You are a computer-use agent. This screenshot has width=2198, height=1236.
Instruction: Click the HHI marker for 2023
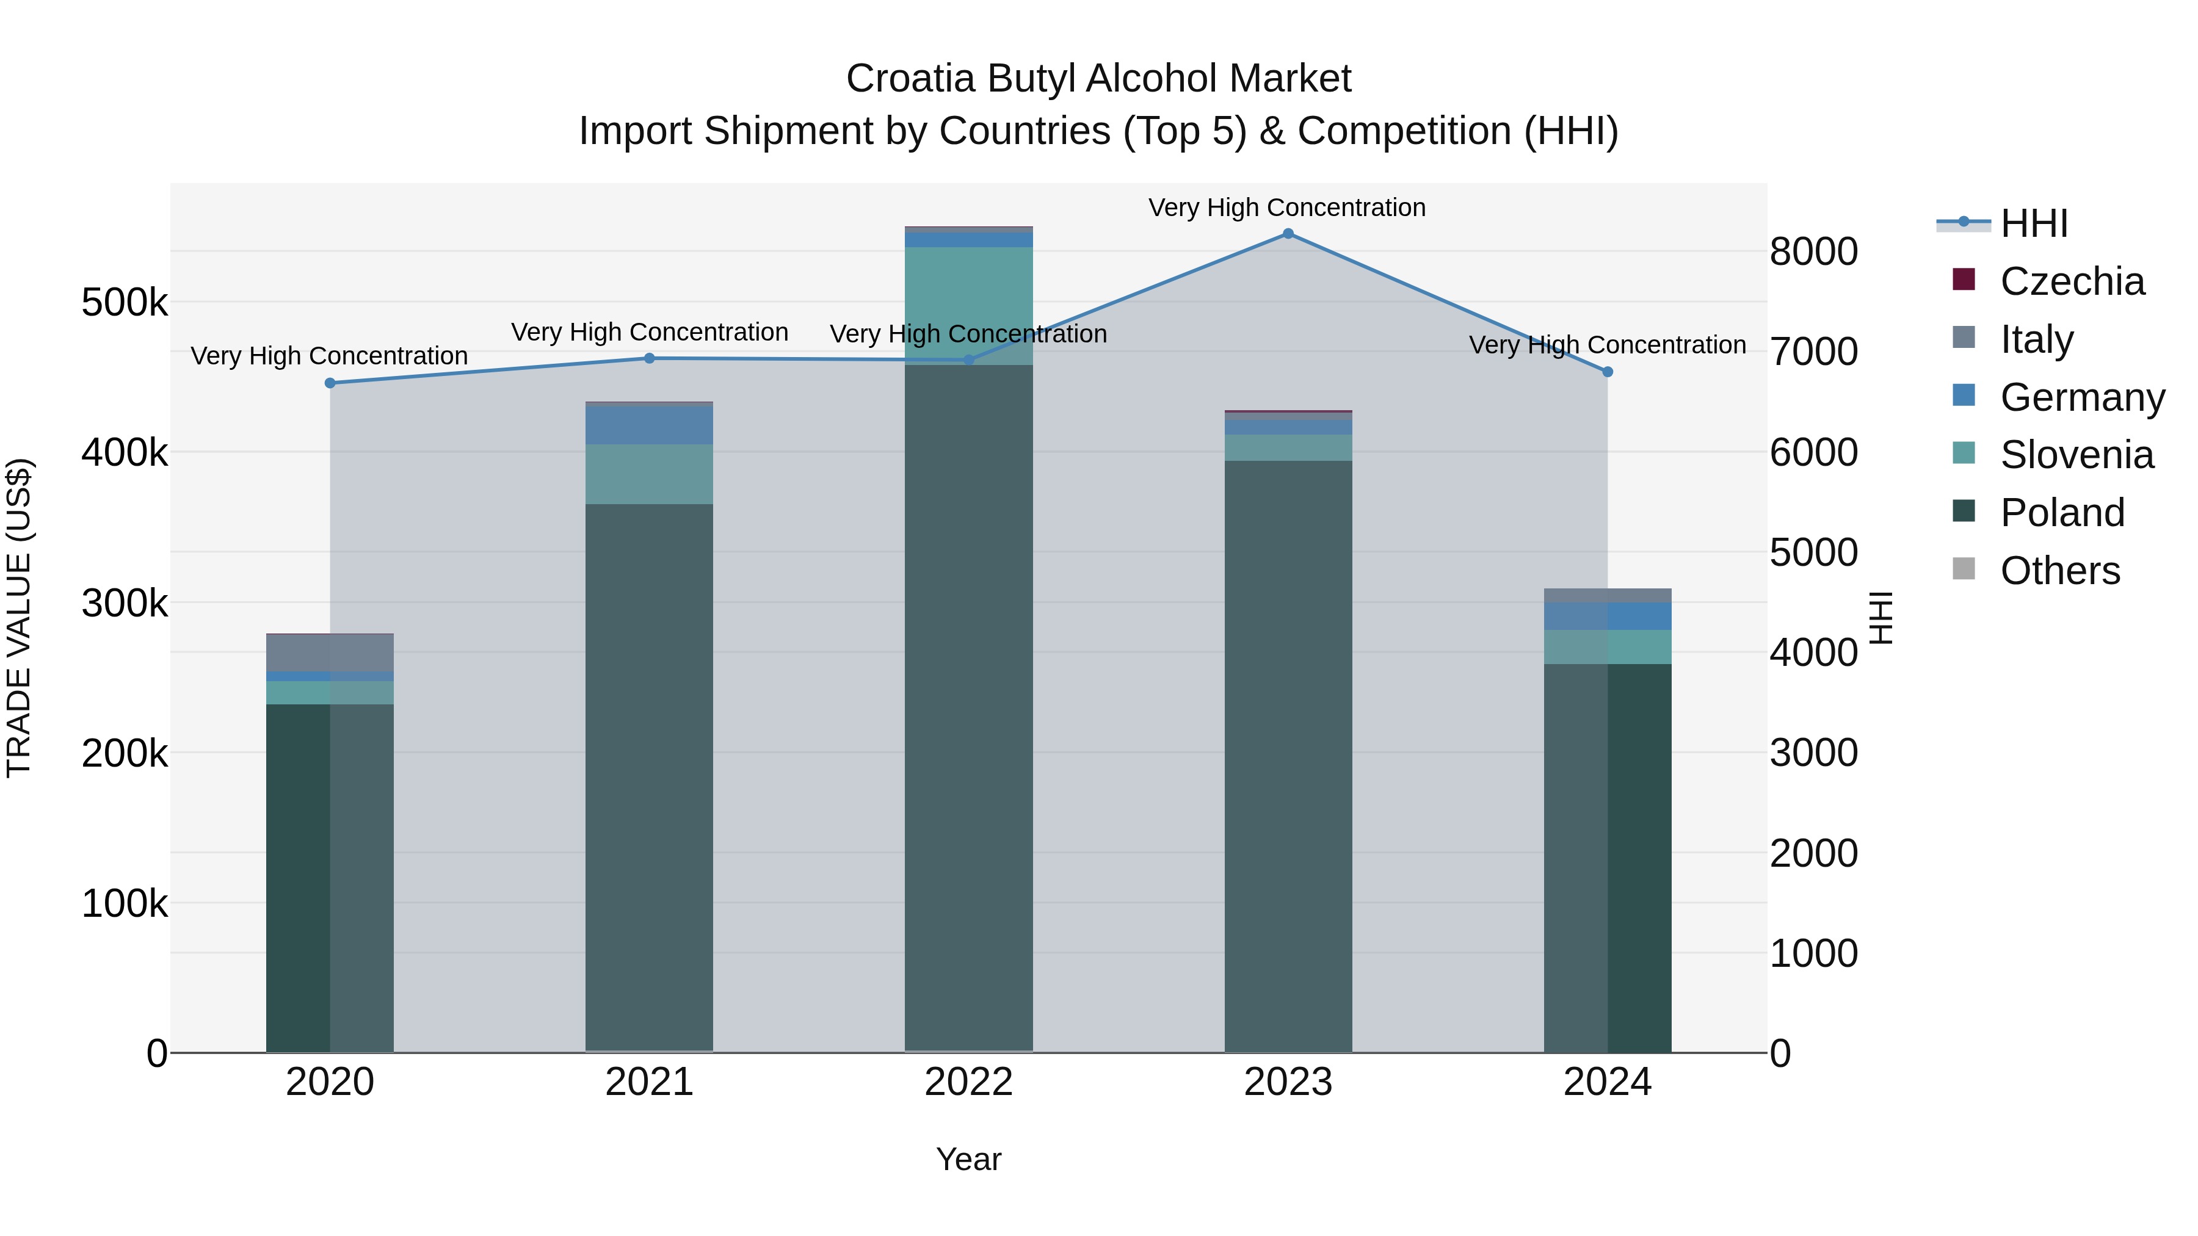point(1288,234)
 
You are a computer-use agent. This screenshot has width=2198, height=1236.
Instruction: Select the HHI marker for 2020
point(330,383)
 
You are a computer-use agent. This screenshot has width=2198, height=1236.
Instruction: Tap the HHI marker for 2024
point(1608,372)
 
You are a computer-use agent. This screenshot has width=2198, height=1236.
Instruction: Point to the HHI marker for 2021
point(650,358)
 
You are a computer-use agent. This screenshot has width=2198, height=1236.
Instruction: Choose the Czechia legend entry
point(2071,281)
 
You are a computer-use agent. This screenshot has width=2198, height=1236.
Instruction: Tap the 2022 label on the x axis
point(968,1082)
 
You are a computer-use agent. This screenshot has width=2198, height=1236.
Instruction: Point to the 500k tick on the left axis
point(125,302)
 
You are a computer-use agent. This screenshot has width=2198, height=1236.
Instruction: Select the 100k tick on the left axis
point(125,903)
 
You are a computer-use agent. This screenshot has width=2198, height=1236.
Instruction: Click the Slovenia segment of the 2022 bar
point(968,305)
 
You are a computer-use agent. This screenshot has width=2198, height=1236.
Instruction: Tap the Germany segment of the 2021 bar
point(650,425)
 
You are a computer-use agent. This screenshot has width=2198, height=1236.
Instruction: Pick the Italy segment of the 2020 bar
point(330,652)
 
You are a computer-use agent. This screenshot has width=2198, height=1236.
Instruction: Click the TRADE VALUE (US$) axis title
point(19,618)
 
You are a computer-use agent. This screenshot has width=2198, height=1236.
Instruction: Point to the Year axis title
point(968,1159)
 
